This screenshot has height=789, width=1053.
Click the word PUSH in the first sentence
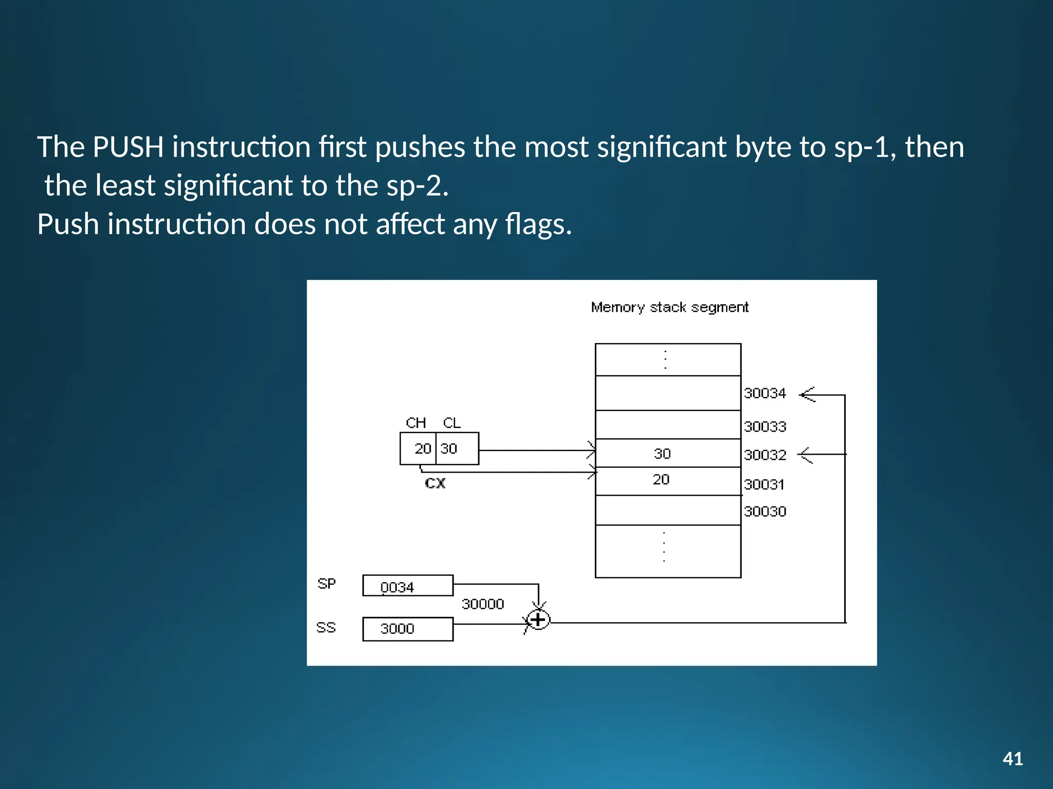(128, 147)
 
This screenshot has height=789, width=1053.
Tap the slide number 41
(1012, 759)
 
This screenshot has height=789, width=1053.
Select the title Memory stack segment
(669, 307)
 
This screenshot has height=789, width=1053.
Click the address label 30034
(765, 393)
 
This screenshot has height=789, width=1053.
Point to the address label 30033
(765, 426)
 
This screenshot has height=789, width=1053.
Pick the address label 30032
(765, 455)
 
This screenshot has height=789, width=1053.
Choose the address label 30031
(764, 484)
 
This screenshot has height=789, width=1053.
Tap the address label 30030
(765, 512)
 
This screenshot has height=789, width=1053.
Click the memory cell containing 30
(667, 453)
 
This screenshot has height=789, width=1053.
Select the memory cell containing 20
(667, 481)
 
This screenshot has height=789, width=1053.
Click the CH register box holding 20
(419, 448)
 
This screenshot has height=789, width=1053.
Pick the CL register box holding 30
(457, 448)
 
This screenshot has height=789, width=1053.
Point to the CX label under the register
(435, 483)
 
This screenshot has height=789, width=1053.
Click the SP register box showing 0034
(408, 586)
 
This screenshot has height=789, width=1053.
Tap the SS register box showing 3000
(408, 629)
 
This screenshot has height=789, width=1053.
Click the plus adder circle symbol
(538, 620)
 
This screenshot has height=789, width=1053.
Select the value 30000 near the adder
(482, 604)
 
